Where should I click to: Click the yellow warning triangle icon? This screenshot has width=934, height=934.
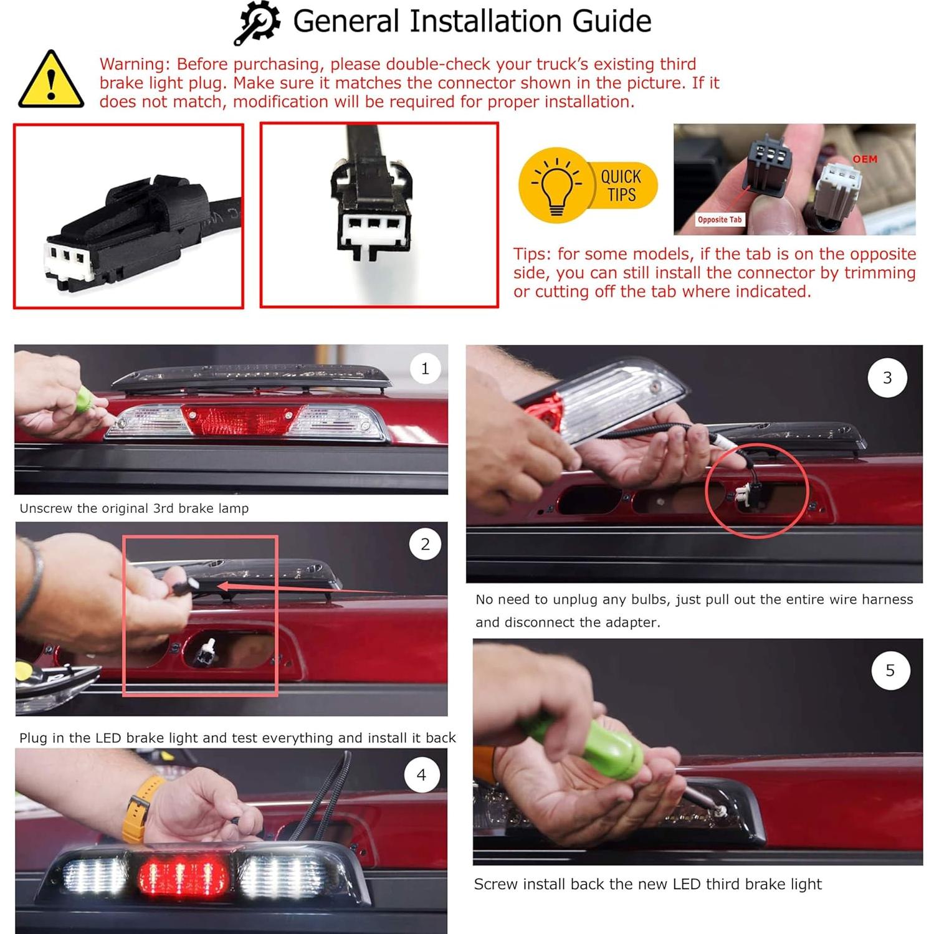(51, 81)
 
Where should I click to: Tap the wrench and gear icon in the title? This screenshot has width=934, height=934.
(257, 23)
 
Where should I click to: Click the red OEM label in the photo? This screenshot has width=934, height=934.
(865, 160)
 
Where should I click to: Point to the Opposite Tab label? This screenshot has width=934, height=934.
(719, 220)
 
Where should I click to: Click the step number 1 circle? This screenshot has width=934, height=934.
(425, 369)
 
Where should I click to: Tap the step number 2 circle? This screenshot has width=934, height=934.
(425, 544)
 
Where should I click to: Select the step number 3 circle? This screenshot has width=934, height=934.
(887, 378)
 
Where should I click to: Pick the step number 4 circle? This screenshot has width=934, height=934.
(421, 775)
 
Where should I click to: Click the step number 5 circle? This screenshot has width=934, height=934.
(890, 670)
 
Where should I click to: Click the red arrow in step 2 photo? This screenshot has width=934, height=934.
(299, 588)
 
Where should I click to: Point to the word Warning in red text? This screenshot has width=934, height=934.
(133, 64)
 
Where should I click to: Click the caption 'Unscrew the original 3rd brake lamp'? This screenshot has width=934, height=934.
(134, 508)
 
